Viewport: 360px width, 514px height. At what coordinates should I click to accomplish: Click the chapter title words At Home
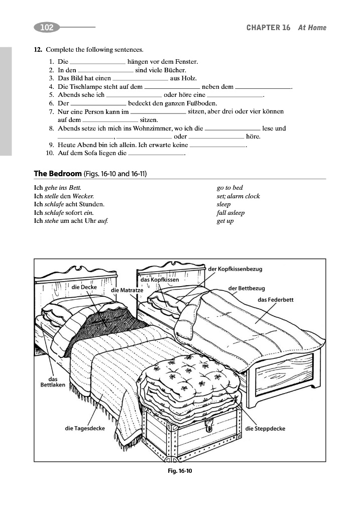(312, 28)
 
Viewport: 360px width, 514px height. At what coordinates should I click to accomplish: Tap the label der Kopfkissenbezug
(235, 269)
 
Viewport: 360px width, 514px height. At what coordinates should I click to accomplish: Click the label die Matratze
(127, 290)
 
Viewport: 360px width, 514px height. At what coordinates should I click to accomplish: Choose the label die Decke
(84, 287)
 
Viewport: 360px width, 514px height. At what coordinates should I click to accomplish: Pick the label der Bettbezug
(247, 288)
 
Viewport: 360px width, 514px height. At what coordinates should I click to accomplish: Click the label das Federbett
(275, 300)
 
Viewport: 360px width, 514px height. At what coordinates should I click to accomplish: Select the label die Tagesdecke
(85, 428)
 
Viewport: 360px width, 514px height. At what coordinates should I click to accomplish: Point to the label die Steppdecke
(265, 428)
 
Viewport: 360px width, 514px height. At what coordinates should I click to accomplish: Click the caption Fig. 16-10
(180, 471)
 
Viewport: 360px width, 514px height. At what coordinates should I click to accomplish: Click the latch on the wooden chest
(207, 427)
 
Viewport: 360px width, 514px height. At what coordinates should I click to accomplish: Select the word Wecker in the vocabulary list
(83, 196)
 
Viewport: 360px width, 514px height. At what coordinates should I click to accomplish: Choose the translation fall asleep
(230, 213)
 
